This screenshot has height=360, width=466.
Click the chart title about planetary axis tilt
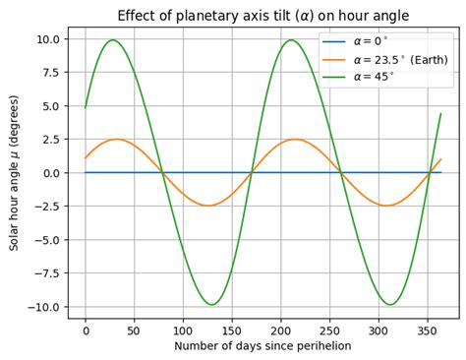pyautogui.click(x=262, y=15)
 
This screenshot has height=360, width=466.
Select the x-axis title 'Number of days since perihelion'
pyautogui.click(x=262, y=346)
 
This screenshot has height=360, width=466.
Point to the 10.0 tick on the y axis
pyautogui.click(x=48, y=38)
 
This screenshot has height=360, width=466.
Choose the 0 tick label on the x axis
pyautogui.click(x=86, y=330)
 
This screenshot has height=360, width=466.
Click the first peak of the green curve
pyautogui.click(x=113, y=40)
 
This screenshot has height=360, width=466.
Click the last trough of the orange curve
pyautogui.click(x=388, y=206)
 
